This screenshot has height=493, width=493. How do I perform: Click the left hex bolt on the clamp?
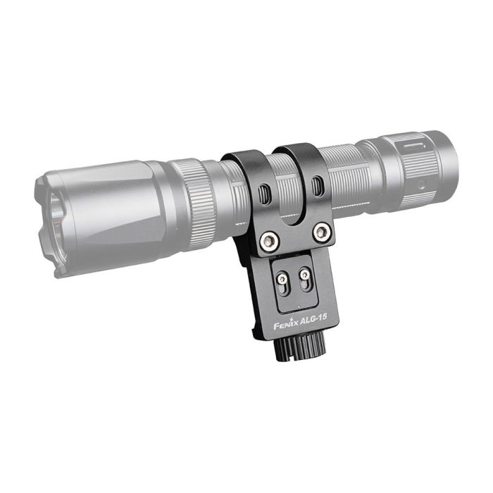point(269,241)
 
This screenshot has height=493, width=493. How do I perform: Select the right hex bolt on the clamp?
point(322,232)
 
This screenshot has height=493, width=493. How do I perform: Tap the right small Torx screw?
point(304,274)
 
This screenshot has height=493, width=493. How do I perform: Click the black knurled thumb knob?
point(299,347)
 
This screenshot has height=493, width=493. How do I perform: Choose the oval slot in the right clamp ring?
point(316,187)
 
